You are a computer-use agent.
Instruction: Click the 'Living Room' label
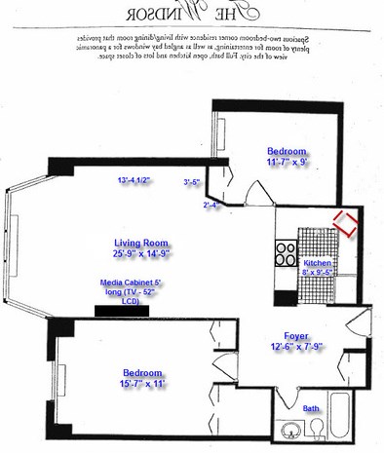(141, 243)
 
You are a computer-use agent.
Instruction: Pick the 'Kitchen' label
(319, 264)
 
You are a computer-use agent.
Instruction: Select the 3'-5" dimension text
(192, 182)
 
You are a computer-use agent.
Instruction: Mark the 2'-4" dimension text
(211, 205)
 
